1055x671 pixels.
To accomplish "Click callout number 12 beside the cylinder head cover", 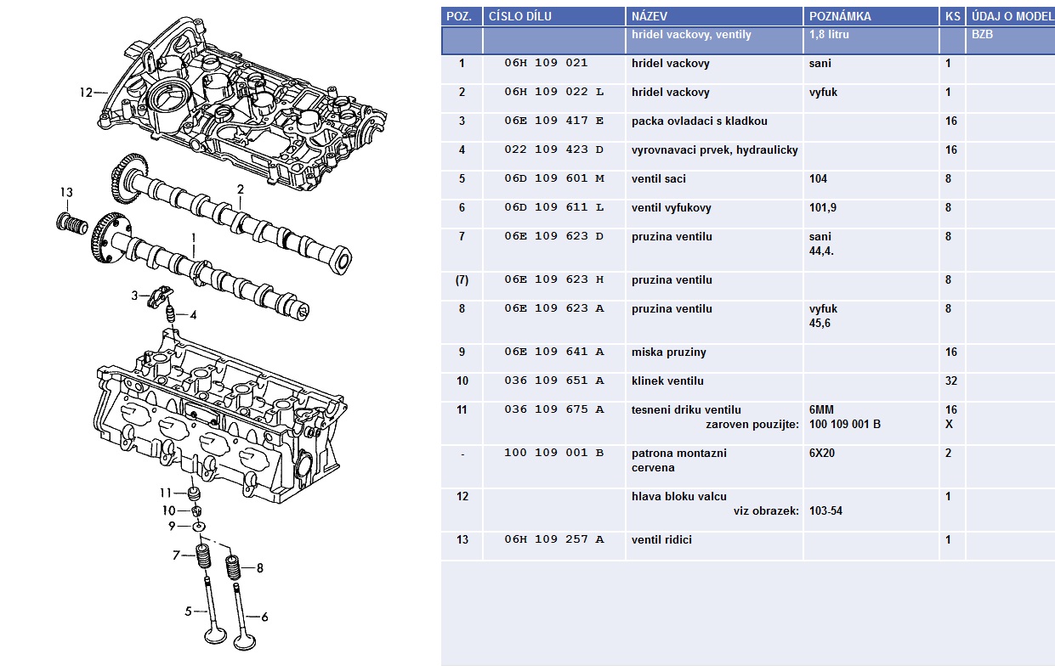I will (x=85, y=92).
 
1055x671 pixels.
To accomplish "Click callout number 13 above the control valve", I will (x=67, y=193).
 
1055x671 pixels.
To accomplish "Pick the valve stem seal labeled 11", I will (x=196, y=493).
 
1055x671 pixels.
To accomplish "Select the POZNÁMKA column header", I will (x=840, y=16).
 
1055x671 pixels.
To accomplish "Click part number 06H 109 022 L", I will (x=553, y=92).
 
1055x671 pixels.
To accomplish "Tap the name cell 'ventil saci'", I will (x=659, y=178).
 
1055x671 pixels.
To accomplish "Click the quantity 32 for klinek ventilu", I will (x=951, y=381).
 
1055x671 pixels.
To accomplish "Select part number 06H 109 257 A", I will (x=553, y=539).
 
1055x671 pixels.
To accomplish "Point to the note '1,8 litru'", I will (x=829, y=35).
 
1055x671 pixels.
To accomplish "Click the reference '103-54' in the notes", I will (x=825, y=510).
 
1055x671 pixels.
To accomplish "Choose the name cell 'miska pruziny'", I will (x=669, y=352).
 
